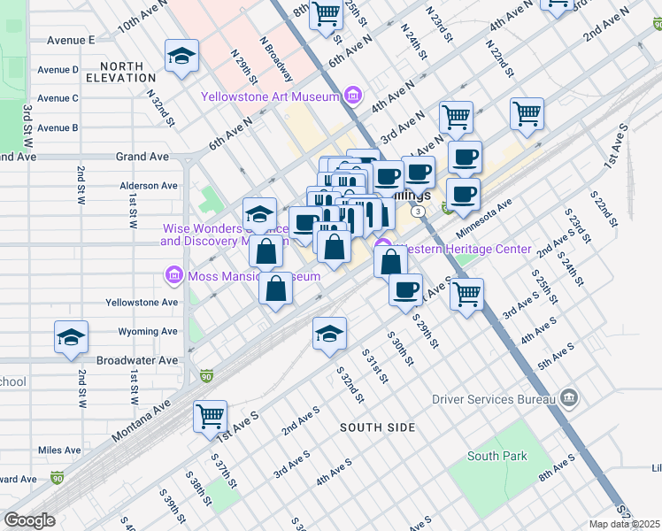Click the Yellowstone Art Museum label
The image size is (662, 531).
point(271,96)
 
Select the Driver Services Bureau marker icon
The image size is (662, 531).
point(569,398)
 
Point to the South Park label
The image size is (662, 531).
point(496,457)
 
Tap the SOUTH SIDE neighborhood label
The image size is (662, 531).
point(378,427)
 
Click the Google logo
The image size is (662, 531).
point(29,520)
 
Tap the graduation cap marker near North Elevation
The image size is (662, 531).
point(181,56)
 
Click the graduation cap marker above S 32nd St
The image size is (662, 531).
point(329,333)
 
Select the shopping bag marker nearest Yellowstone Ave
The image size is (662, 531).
point(275,289)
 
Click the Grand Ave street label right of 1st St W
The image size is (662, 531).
point(142,157)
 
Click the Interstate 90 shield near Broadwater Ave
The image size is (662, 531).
point(207,375)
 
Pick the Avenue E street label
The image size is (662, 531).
point(71,40)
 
